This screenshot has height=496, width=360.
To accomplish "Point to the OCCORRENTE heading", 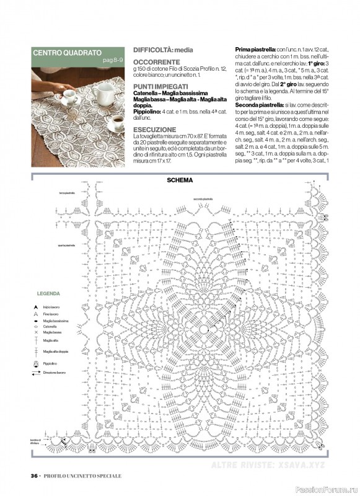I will (x=156, y=63).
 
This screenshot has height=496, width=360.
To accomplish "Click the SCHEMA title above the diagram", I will (x=180, y=180).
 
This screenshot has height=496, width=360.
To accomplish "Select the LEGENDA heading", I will (x=48, y=293).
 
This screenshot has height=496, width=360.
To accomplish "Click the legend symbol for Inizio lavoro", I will (x=29, y=307).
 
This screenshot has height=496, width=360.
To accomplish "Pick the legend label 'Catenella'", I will (x=50, y=326).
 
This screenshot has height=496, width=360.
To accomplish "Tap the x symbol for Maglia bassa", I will (x=29, y=332).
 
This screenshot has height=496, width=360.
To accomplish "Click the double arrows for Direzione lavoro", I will (x=29, y=373).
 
